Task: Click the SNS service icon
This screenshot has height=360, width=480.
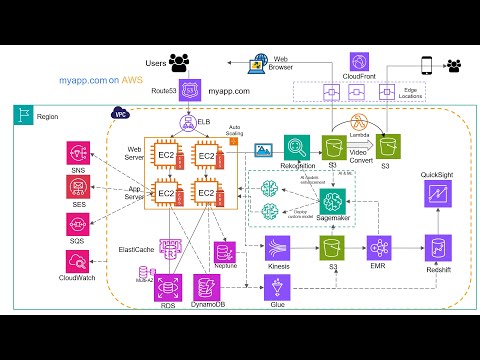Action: pyautogui.click(x=77, y=153)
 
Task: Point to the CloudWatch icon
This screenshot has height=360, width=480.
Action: pyautogui.click(x=77, y=260)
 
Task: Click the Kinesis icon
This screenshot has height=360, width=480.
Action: pyautogui.click(x=278, y=247)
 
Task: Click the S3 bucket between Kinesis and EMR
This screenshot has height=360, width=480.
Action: pyautogui.click(x=328, y=247)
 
